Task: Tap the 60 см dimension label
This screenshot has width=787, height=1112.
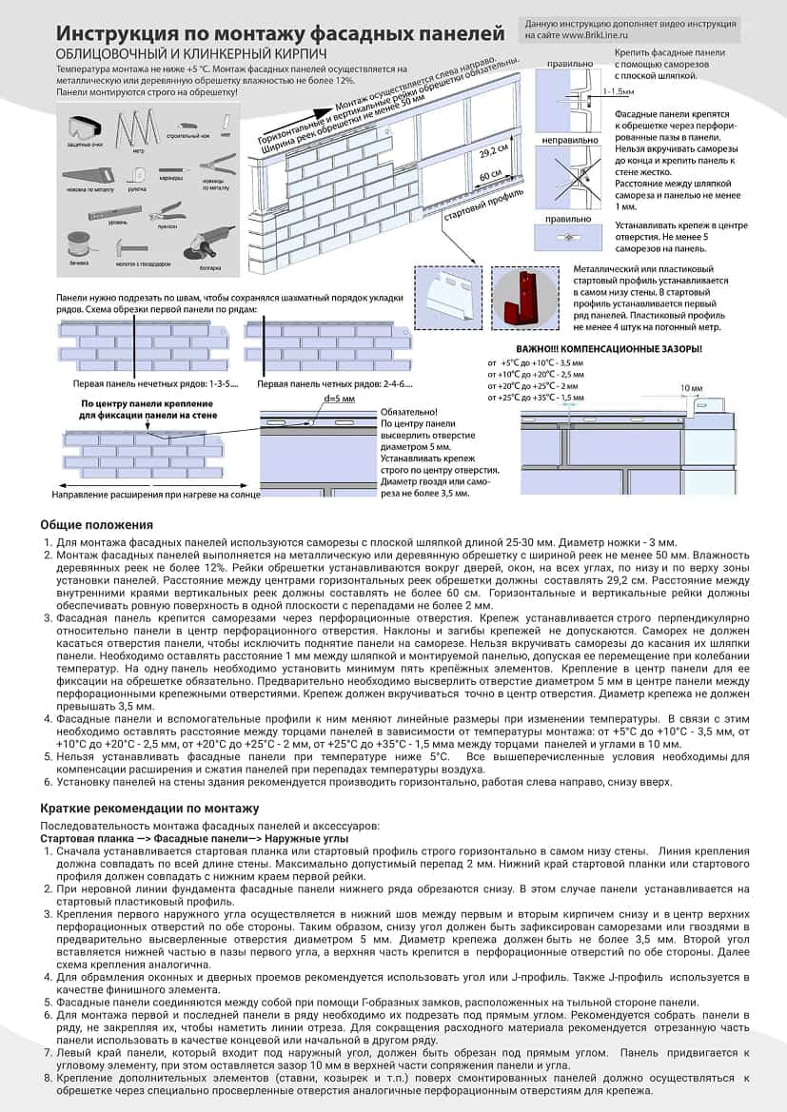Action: pos(490,176)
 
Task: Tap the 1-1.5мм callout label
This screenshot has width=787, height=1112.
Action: pos(618,91)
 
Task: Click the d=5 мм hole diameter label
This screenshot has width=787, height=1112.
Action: pos(340,399)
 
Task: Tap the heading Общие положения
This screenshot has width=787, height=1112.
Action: pos(96,524)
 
